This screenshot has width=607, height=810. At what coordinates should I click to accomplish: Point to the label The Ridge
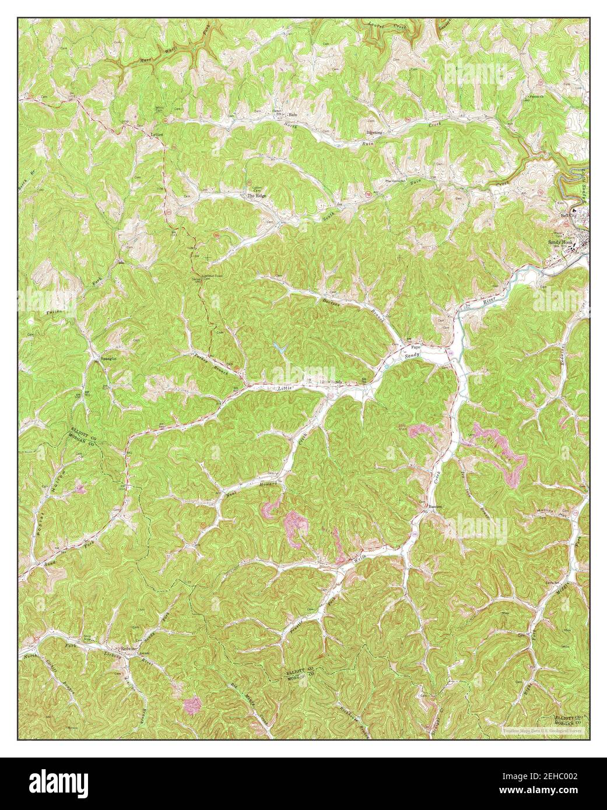[256, 196]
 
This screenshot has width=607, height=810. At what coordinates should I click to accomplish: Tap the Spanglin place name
[108, 359]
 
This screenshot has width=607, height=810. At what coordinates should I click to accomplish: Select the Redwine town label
[128, 649]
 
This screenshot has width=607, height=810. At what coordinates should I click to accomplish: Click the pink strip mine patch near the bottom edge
[192, 706]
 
